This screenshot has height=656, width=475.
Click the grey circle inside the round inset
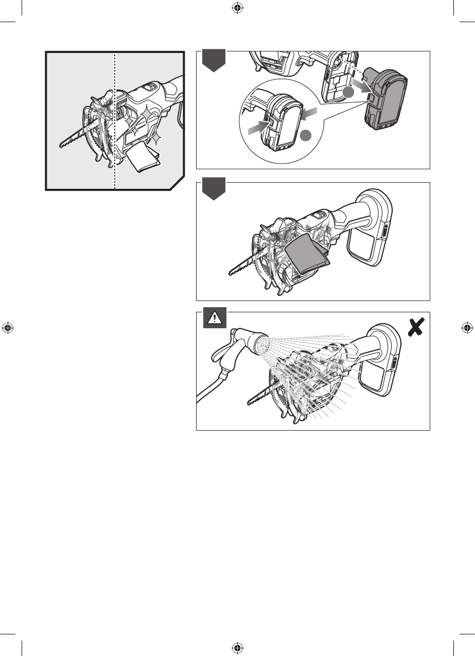(306, 136)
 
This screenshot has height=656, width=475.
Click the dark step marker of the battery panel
(212, 61)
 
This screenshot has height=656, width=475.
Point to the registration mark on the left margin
(8, 328)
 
